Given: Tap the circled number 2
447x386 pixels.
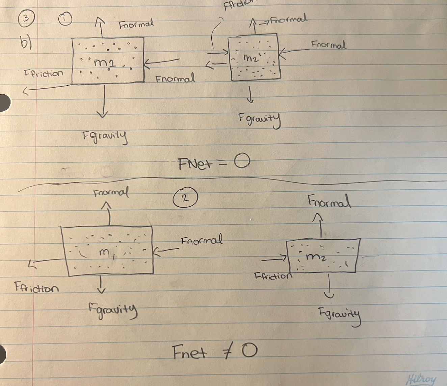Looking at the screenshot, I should click(184, 198).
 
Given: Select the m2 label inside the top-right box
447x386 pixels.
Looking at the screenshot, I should click(251, 58).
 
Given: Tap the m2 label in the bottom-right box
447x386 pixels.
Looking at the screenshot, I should click(316, 257).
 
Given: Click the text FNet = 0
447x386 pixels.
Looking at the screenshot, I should click(214, 164).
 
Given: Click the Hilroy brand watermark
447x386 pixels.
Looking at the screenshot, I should click(421, 379).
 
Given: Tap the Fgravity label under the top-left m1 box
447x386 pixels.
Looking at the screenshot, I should click(105, 137).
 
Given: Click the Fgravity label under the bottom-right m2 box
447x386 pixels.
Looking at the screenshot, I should click(339, 315).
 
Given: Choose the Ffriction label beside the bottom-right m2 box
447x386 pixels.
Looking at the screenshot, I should click(273, 276).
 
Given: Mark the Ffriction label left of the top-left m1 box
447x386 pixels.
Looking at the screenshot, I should click(43, 74).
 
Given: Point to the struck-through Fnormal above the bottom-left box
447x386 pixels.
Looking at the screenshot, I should click(111, 193).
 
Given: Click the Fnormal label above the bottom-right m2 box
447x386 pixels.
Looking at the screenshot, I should click(329, 201).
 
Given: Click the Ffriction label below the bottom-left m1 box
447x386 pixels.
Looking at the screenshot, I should click(36, 287).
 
